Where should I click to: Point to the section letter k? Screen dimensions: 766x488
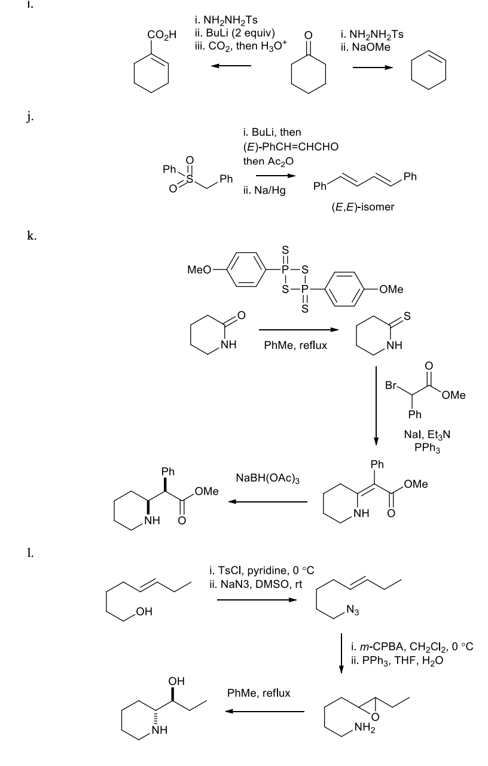coord(29,236)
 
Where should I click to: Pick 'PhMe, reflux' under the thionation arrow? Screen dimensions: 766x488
coord(295,346)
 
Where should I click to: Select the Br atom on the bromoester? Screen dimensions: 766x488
coord(392,386)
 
